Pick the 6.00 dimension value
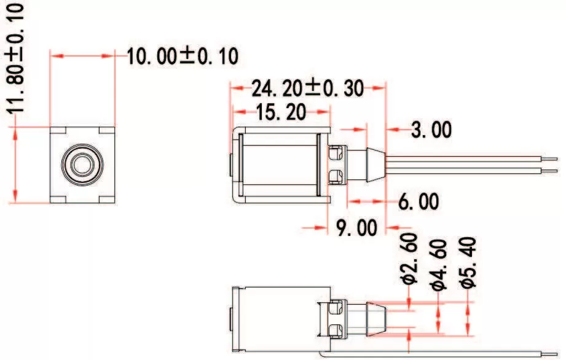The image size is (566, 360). pyautogui.click(x=419, y=201)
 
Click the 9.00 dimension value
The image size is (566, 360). pyautogui.click(x=356, y=228)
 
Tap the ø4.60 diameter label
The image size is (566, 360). pyautogui.click(x=438, y=265)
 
